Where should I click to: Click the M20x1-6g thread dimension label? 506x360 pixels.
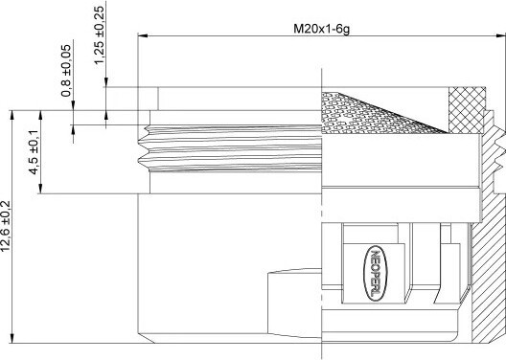pos(321,29)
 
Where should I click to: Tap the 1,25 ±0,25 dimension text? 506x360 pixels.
pos(100,34)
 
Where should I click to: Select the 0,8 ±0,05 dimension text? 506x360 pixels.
pos(66,71)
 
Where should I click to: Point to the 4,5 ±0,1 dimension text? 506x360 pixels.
pos(34,152)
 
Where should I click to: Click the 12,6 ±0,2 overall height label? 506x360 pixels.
pos(6,226)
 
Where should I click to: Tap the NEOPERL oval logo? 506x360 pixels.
pos(375,273)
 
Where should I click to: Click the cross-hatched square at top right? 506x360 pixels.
pos(467,110)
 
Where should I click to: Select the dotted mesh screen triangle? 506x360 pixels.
pos(371,113)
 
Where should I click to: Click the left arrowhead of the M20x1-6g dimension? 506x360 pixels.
pos(143,35)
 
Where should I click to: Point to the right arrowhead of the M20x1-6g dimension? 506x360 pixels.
pos(501,35)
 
